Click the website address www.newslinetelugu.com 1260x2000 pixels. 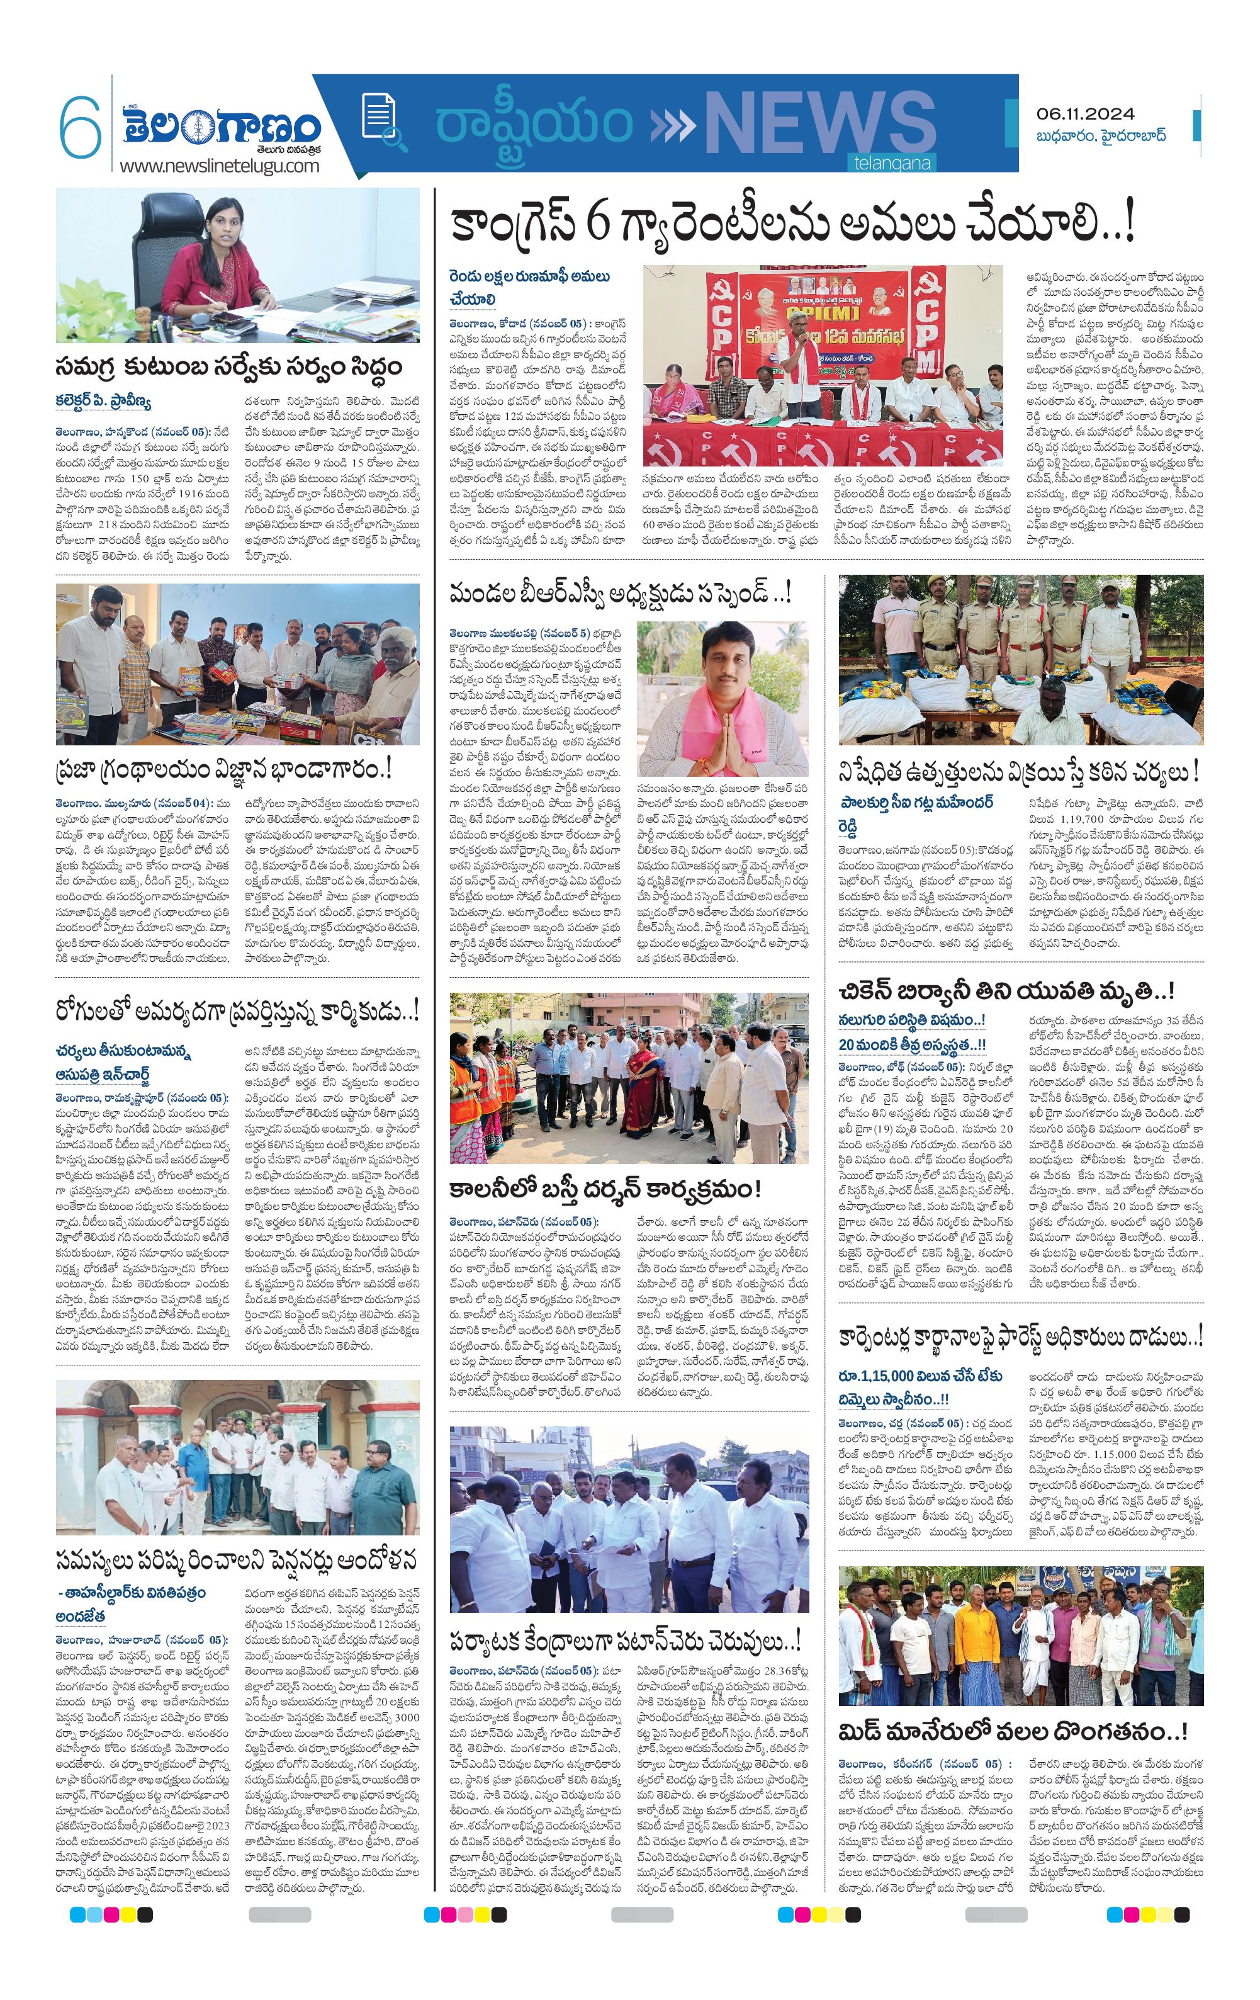point(219,166)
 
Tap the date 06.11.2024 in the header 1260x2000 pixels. point(1086,114)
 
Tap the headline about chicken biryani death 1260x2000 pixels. point(1006,990)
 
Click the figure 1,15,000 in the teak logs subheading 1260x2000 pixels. point(883,1376)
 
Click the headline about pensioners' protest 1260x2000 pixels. point(236,1560)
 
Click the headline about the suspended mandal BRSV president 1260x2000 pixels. point(620,592)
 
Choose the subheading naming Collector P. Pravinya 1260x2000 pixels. point(103,402)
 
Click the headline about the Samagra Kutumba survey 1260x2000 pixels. point(228,366)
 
